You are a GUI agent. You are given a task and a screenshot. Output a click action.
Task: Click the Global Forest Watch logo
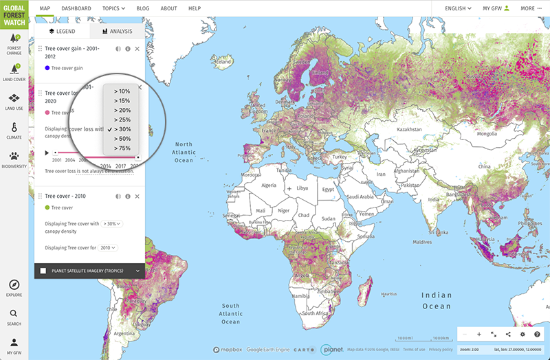(14, 14)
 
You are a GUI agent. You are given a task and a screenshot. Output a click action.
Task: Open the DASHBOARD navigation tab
(76, 8)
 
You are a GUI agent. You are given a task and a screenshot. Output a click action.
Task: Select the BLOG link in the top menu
(142, 8)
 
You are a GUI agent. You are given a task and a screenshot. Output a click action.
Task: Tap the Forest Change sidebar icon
(14, 43)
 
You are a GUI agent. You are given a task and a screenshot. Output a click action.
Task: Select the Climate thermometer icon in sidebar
(14, 128)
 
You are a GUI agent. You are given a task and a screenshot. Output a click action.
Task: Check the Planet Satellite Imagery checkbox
(43, 271)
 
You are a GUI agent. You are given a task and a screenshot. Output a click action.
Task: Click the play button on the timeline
(47, 153)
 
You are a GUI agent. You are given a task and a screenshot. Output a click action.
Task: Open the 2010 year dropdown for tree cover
(108, 247)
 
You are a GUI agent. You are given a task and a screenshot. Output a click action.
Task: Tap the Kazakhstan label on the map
(408, 129)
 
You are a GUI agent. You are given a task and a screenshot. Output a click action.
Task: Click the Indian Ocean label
(437, 300)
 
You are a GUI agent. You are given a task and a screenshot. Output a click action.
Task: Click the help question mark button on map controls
(537, 334)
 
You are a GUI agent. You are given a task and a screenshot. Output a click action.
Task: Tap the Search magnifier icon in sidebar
(14, 315)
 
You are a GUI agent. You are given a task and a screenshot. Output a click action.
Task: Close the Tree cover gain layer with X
(137, 49)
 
